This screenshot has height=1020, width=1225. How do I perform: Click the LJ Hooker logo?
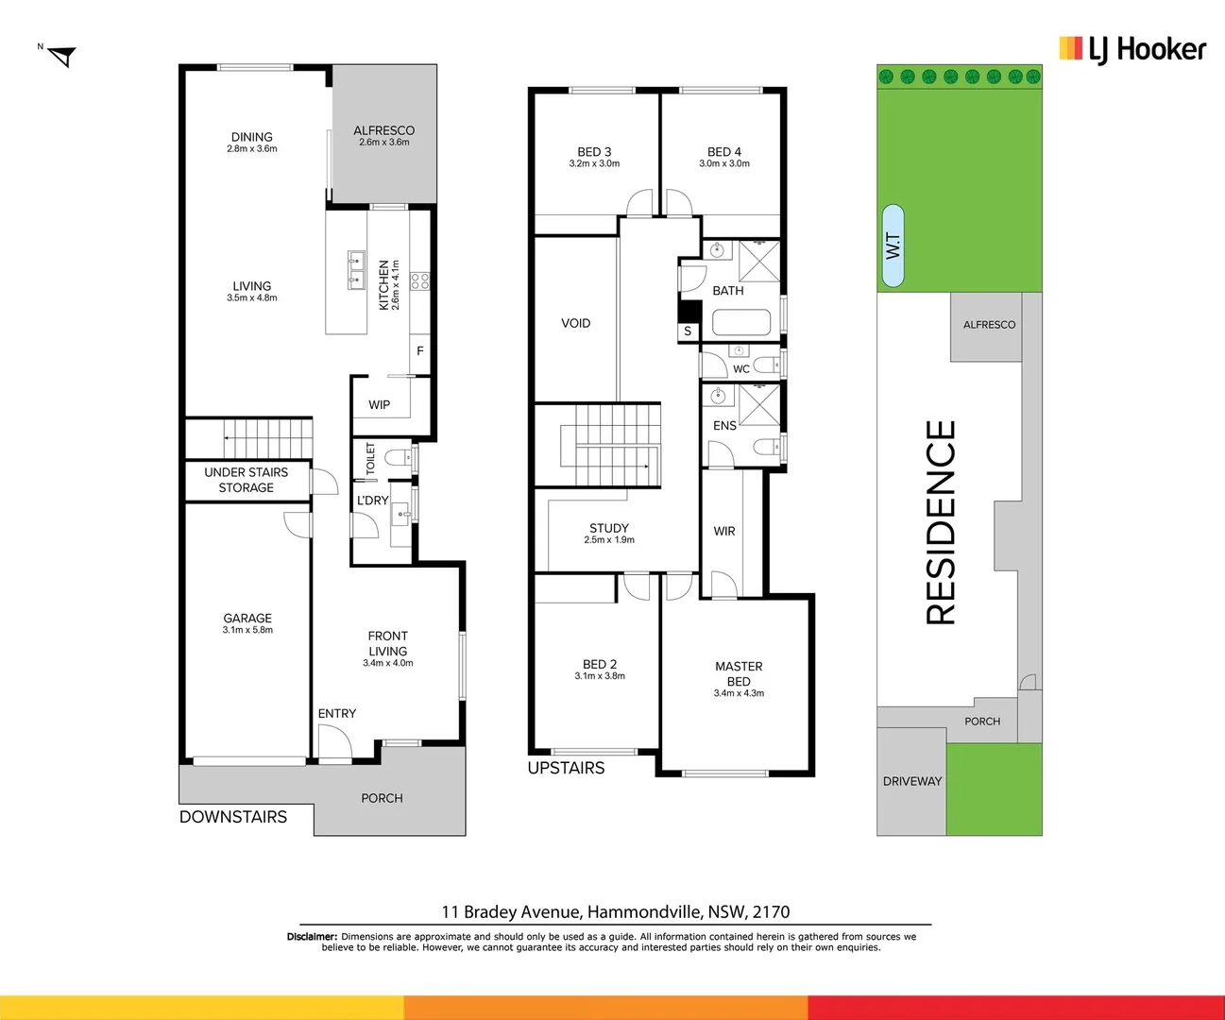coord(1132,50)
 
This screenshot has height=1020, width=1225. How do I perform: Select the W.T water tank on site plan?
coord(893,246)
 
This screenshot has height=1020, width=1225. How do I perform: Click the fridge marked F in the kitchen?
coord(419,351)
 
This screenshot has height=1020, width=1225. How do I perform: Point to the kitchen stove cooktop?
coord(420,280)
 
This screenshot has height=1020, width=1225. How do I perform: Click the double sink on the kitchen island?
coord(356,270)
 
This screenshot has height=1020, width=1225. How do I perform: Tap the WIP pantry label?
coord(379,405)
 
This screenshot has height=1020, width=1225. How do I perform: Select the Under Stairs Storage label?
coord(247,480)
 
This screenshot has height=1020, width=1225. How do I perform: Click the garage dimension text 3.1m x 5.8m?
coord(247,630)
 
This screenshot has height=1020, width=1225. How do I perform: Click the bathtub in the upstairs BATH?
coord(741,322)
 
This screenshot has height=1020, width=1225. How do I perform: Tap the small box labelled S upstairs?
coord(688,331)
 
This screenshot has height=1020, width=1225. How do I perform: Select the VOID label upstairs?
coord(575,323)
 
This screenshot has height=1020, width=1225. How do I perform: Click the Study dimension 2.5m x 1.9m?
coord(609,539)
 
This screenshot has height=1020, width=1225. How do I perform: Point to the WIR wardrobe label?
coord(724,532)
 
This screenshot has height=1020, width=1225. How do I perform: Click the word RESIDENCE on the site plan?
coord(941,522)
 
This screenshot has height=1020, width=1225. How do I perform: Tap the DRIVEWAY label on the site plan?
coord(912,781)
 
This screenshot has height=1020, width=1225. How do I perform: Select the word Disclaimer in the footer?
coord(312,937)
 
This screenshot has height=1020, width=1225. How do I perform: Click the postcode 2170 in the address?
coord(771,912)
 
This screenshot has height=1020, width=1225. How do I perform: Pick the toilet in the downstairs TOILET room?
coord(401,457)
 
